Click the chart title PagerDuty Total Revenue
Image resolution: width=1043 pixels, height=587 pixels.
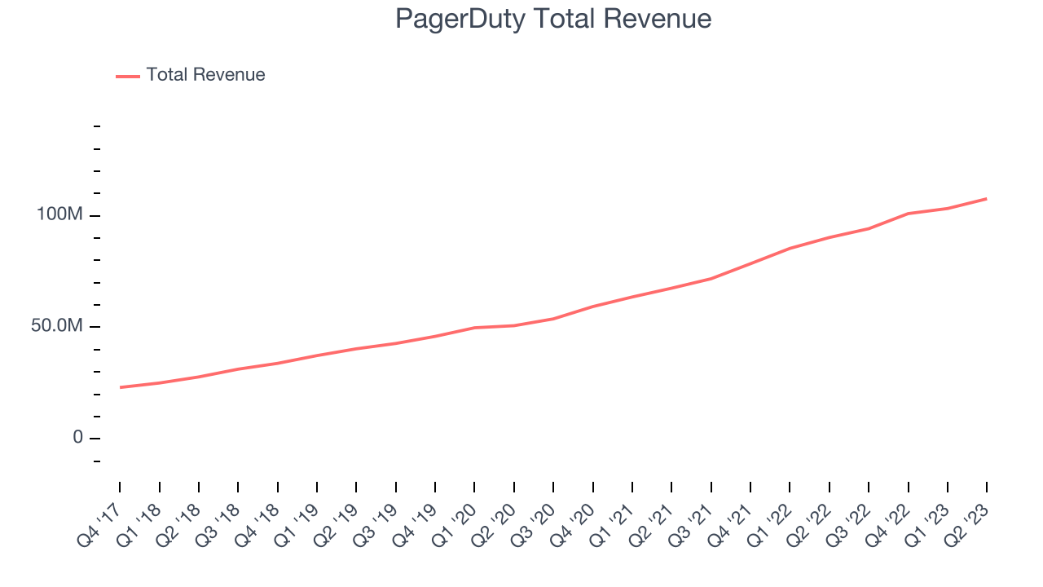coord(553,19)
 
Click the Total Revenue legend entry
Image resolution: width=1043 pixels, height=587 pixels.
coord(205,75)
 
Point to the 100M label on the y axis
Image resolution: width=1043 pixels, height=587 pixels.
coord(59,215)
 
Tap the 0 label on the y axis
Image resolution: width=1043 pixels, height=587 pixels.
coord(78,438)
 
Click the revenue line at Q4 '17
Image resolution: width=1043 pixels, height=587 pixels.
coord(120,387)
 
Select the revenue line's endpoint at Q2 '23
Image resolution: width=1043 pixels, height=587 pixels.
coord(987,199)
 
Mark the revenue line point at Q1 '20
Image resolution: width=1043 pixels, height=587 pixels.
coord(474,328)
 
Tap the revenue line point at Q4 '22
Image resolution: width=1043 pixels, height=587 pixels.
coord(908,214)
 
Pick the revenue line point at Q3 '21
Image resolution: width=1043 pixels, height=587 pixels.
coord(711,279)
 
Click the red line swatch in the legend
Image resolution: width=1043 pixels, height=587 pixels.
coord(128,76)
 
